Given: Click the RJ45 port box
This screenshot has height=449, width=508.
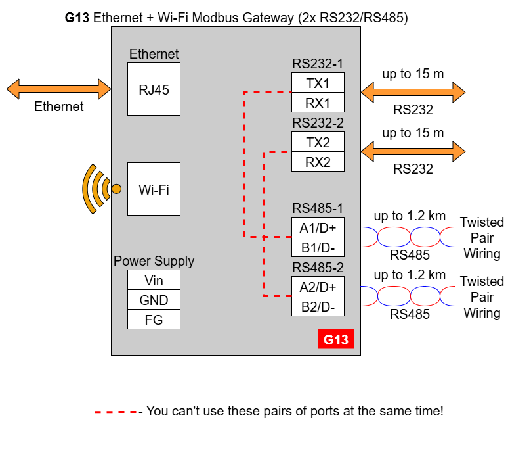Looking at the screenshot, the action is pyautogui.click(x=154, y=89).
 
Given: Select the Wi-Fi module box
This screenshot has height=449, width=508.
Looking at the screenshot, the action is pyautogui.click(x=154, y=189).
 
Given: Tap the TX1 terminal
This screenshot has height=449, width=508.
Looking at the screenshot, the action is pyautogui.click(x=318, y=83).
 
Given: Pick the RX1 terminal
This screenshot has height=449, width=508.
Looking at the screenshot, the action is pyautogui.click(x=318, y=103).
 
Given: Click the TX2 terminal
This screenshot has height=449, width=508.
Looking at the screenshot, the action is pyautogui.click(x=318, y=142).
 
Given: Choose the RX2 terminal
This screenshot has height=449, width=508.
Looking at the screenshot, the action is pyautogui.click(x=318, y=162).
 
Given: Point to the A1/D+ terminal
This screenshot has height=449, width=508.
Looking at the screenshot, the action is pyautogui.click(x=318, y=227).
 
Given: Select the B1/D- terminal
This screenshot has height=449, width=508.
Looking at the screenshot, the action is pyautogui.click(x=318, y=247).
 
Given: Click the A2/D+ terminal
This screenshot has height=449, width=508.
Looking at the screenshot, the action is pyautogui.click(x=318, y=287).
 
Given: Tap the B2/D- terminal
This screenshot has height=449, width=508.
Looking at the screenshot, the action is pyautogui.click(x=318, y=306).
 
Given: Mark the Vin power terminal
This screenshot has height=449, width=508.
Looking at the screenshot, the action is pyautogui.click(x=154, y=280).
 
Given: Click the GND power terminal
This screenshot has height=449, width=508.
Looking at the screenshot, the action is pyautogui.click(x=154, y=300).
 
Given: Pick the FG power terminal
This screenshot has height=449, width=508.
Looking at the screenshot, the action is pyautogui.click(x=154, y=319).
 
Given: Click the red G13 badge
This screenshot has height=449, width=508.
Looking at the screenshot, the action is pyautogui.click(x=336, y=339).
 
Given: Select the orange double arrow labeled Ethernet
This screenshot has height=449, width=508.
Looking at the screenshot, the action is pyautogui.click(x=59, y=89).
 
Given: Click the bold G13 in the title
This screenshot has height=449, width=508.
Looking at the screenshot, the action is pyautogui.click(x=77, y=18).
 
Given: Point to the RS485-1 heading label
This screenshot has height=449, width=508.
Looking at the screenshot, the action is pyautogui.click(x=318, y=208).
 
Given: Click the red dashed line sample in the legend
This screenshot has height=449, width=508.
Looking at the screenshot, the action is pyautogui.click(x=116, y=412).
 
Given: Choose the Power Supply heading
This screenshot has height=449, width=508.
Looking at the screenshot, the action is pyautogui.click(x=154, y=261).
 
